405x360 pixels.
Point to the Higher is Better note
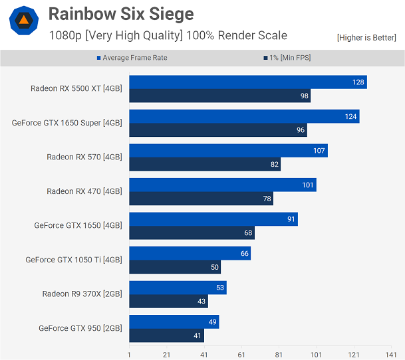point(366,37)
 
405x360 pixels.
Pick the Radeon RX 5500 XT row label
point(76,88)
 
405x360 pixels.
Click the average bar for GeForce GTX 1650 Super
point(244,117)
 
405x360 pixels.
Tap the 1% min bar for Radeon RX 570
point(205,164)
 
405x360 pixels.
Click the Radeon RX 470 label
point(84,191)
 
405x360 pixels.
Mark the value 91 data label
point(290,219)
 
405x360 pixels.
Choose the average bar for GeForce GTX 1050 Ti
point(190,253)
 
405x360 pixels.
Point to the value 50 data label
point(213,267)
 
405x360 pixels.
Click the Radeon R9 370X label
point(82,294)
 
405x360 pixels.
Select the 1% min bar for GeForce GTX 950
point(166,335)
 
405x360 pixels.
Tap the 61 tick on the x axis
point(241,354)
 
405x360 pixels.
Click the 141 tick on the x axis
point(391,354)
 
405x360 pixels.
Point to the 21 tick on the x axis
point(166,354)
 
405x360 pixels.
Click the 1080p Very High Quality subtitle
point(168,35)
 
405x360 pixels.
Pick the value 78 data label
point(265,199)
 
